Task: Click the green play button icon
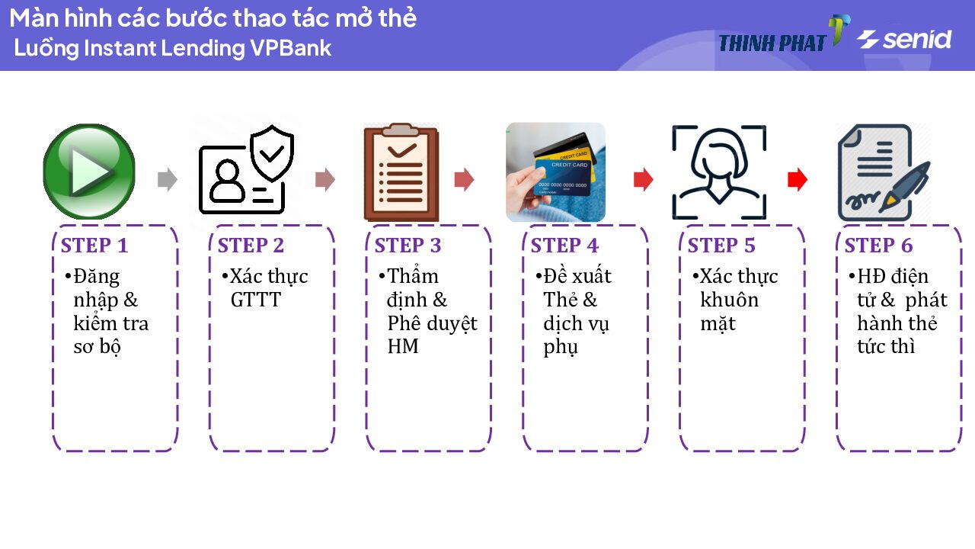click(88, 172)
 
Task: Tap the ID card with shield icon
click(246, 170)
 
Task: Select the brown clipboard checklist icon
click(401, 172)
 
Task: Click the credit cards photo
click(555, 172)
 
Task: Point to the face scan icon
click(718, 173)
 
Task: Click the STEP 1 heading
click(94, 246)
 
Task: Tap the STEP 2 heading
click(251, 246)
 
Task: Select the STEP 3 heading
click(408, 246)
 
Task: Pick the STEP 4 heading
click(564, 246)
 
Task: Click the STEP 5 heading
click(721, 246)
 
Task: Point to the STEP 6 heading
click(878, 246)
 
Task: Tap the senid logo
click(904, 39)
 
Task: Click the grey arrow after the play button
click(167, 180)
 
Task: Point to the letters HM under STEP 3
click(403, 347)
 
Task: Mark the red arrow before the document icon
click(797, 180)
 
